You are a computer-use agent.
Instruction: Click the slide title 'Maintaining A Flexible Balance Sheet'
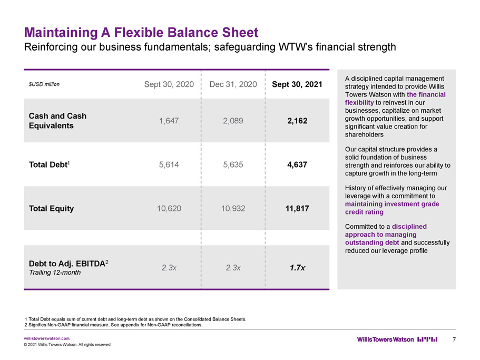click(141, 33)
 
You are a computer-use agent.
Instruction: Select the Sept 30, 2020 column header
click(169, 84)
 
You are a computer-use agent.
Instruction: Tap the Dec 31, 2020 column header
click(233, 84)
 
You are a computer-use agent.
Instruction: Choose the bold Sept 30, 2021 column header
click(297, 84)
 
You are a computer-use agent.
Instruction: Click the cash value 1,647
click(169, 121)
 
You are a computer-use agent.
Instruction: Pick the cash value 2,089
click(233, 121)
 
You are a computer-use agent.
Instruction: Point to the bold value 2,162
click(297, 121)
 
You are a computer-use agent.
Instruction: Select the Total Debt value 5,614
click(169, 164)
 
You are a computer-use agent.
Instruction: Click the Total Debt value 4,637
click(297, 164)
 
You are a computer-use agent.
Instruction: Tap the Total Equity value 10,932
click(233, 209)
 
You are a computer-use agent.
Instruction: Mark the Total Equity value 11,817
click(297, 209)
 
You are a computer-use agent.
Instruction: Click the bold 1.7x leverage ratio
click(297, 268)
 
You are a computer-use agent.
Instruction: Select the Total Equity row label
click(52, 209)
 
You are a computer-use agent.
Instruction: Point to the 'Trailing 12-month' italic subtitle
click(55, 273)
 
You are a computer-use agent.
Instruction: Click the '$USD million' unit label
click(44, 84)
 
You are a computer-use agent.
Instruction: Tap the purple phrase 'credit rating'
click(364, 212)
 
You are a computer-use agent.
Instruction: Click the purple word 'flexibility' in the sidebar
click(359, 103)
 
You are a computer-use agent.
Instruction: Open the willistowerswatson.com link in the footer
click(47, 338)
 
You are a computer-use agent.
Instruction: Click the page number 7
click(454, 339)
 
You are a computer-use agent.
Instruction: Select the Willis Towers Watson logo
click(397, 339)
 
